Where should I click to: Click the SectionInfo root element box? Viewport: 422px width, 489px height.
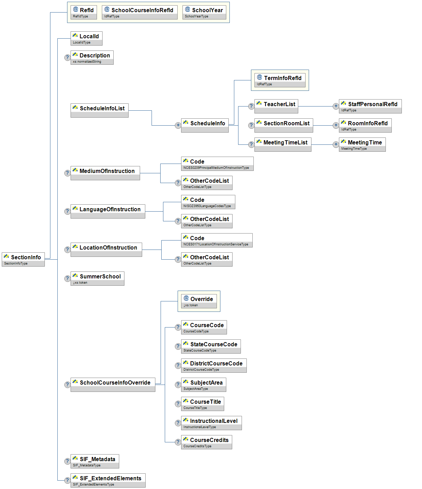(23, 259)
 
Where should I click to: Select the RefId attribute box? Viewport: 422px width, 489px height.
(83, 12)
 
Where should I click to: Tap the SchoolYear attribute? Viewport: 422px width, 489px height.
(204, 12)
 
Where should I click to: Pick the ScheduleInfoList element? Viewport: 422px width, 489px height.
(99, 110)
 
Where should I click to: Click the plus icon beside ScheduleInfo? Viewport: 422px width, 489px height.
(178, 125)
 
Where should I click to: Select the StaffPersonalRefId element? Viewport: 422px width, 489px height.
(370, 106)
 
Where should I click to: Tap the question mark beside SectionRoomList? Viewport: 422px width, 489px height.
(251, 125)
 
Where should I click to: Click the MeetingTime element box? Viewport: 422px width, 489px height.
(362, 144)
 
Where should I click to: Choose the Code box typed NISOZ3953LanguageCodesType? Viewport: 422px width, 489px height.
(208, 202)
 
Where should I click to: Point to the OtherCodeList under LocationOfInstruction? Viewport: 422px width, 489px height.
(206, 259)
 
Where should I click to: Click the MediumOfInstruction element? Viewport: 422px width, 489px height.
(105, 173)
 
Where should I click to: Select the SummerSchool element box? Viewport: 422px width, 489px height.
(97, 278)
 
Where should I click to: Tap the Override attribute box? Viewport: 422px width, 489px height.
(198, 301)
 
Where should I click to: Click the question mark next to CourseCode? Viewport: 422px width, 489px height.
(178, 327)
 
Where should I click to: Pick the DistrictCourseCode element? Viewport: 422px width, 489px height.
(213, 365)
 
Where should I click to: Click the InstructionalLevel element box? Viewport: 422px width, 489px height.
(211, 423)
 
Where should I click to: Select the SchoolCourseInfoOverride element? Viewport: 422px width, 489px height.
(113, 385)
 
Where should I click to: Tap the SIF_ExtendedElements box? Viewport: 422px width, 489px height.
(108, 480)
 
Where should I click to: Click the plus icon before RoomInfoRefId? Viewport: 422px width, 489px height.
(336, 125)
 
